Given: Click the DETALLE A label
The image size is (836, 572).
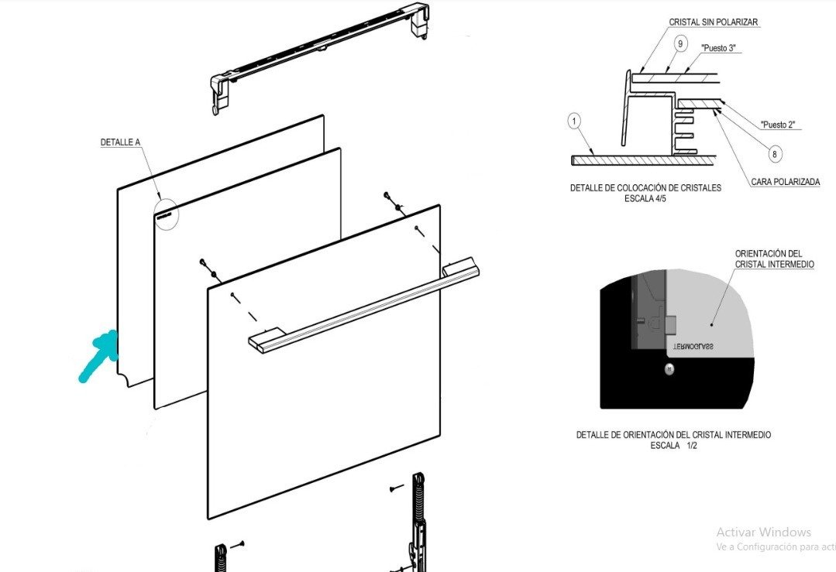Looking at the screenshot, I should (121, 142).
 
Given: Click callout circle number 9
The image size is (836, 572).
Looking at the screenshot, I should (679, 44).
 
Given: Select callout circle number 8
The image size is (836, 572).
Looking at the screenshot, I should (775, 154).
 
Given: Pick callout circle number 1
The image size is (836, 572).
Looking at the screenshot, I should (574, 121).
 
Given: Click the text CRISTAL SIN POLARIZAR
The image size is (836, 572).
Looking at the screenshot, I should (714, 22).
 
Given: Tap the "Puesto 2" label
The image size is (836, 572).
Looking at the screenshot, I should (777, 124).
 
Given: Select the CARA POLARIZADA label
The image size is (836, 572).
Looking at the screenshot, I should (785, 183).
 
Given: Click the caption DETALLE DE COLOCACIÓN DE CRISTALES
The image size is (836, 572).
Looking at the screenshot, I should (645, 188).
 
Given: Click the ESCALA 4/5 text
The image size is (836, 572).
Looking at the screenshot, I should (645, 198).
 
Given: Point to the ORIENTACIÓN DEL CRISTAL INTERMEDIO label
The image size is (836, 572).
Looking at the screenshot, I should (774, 259).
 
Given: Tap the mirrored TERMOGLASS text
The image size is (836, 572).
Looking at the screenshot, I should (693, 348).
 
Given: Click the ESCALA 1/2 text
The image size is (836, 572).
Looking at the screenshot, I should (673, 446).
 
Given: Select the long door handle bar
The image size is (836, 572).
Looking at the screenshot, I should (364, 307).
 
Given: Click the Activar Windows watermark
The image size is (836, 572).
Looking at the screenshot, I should (763, 532).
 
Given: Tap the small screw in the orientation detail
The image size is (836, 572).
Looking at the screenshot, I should (669, 369).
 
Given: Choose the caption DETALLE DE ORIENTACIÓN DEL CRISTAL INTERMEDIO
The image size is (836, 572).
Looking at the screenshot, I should (673, 435).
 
